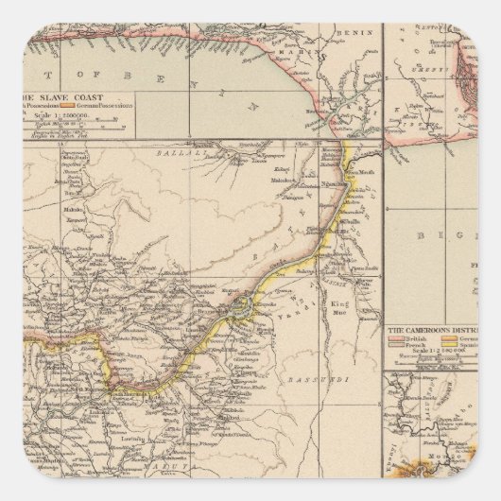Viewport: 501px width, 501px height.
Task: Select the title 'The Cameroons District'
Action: (431, 330)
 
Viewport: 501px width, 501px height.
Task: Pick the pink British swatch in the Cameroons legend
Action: (395, 339)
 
